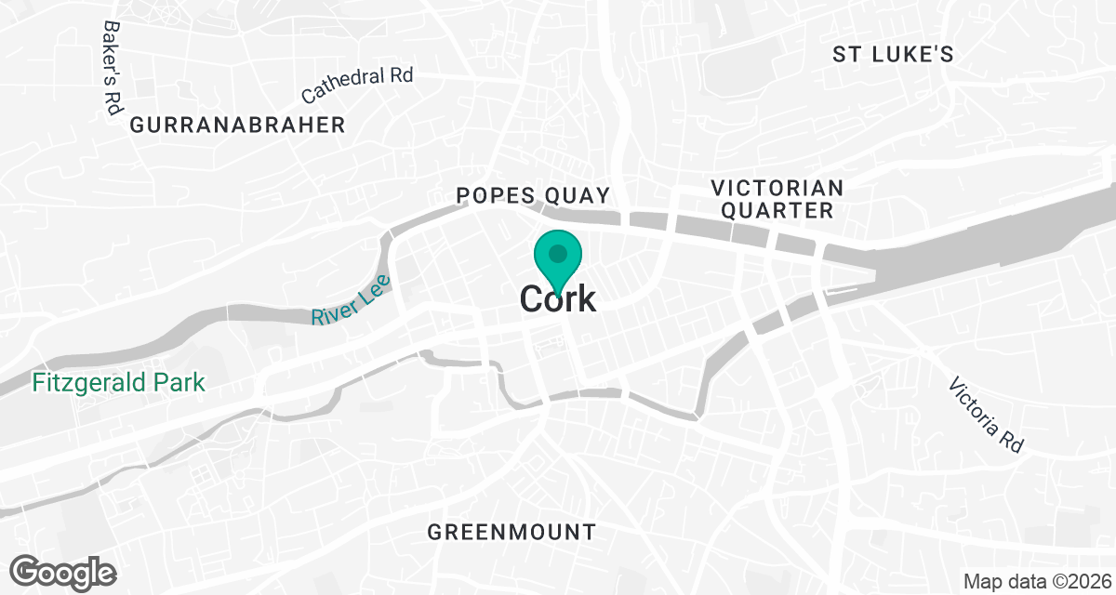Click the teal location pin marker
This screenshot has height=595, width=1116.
[558, 258]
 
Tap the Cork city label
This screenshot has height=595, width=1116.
[558, 299]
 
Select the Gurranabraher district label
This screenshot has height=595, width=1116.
[238, 125]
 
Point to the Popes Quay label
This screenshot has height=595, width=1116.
[533, 195]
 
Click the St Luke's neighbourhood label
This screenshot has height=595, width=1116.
[893, 55]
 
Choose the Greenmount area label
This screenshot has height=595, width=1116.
[511, 533]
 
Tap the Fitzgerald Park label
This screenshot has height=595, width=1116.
[118, 382]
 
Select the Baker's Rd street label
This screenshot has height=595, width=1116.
[113, 68]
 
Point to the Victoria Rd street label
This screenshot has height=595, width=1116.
[986, 416]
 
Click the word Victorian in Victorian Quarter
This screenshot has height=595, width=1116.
[777, 188]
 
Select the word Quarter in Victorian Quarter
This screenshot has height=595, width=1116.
[777, 211]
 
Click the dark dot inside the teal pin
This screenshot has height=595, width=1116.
[558, 253]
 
